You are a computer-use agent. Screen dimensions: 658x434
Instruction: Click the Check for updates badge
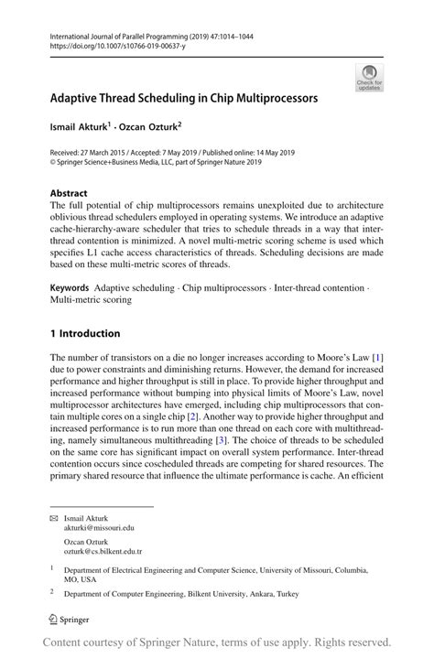[x=369, y=77]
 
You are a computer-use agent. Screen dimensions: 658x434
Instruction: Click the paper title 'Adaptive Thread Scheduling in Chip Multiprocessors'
[x=184, y=96]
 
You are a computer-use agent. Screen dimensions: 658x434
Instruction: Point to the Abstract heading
[x=69, y=193]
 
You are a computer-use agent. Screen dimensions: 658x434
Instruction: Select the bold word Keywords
[x=70, y=287]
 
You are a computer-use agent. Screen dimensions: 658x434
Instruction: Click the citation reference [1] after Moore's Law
[x=376, y=357]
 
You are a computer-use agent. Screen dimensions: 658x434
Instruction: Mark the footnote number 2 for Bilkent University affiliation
[x=53, y=593]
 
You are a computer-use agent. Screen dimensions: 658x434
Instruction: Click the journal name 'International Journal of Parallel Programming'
[x=125, y=33]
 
